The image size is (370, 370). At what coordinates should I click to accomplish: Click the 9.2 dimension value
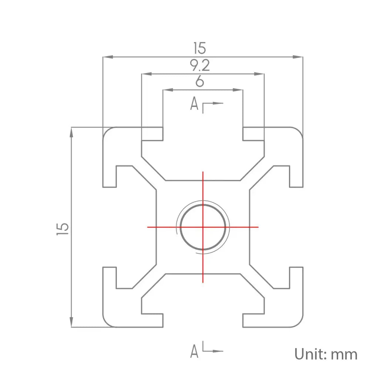[200, 65]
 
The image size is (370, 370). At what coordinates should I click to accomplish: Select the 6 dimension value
[200, 81]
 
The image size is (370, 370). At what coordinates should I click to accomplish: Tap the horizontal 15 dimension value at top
[200, 48]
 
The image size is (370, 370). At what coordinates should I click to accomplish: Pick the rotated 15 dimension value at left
[63, 229]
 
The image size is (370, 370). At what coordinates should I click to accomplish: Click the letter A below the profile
[194, 351]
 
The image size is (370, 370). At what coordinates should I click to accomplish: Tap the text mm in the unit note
[344, 355]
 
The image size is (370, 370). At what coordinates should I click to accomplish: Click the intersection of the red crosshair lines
[203, 227]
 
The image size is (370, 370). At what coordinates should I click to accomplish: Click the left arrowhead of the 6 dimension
[168, 90]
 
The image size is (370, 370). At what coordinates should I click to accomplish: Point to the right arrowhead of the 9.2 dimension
[259, 74]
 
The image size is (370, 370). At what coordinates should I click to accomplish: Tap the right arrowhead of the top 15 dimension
[297, 57]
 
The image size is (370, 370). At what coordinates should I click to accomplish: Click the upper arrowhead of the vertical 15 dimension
[71, 132]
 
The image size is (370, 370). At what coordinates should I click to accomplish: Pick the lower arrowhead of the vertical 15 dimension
[71, 322]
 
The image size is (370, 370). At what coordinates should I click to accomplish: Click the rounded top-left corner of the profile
[107, 131]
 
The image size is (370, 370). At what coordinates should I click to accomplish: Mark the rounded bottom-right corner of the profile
[299, 323]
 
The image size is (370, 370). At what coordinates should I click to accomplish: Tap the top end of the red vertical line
[203, 172]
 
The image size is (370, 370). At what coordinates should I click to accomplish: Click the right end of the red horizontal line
[258, 227]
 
